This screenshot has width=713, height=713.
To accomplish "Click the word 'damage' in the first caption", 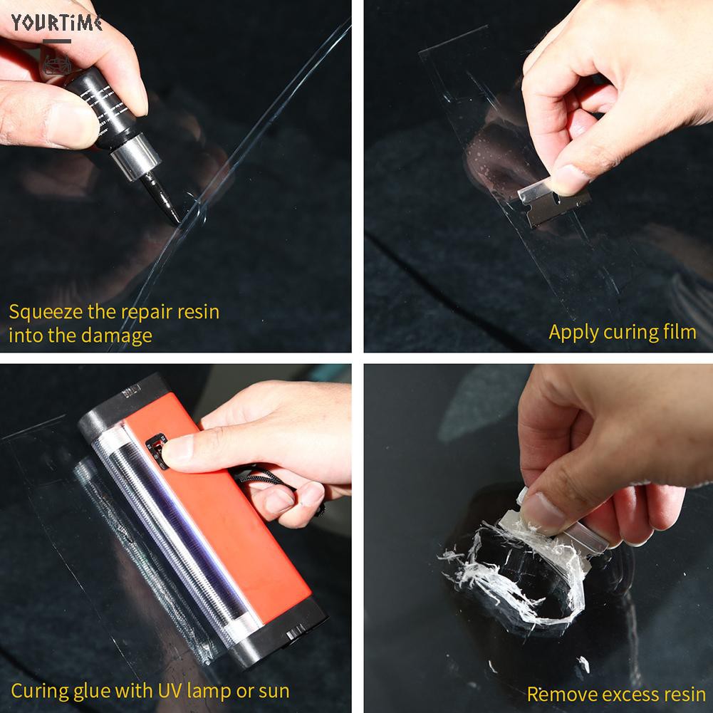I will [x=120, y=335].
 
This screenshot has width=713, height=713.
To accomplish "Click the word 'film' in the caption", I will [x=680, y=332].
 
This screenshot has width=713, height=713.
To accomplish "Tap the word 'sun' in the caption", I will [x=274, y=691].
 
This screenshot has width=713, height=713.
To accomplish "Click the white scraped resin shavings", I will [x=499, y=570].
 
